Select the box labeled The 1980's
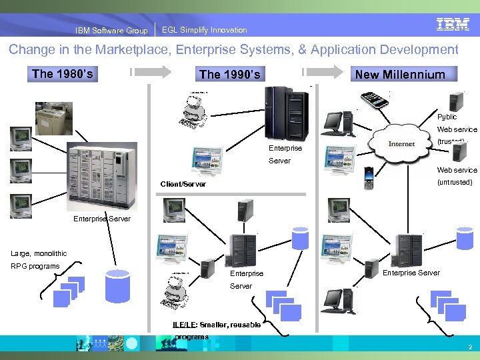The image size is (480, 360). click(61, 73)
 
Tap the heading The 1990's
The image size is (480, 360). click(229, 74)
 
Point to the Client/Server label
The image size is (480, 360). click(183, 184)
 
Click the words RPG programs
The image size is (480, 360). click(35, 267)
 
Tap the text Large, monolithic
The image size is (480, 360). click(39, 253)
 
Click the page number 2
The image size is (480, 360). click(469, 347)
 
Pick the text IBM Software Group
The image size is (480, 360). click(111, 31)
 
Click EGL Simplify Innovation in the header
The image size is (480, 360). click(204, 30)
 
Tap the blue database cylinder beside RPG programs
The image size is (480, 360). click(117, 285)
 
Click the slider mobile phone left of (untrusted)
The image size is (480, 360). click(369, 179)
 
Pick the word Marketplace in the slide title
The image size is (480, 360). click(131, 50)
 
